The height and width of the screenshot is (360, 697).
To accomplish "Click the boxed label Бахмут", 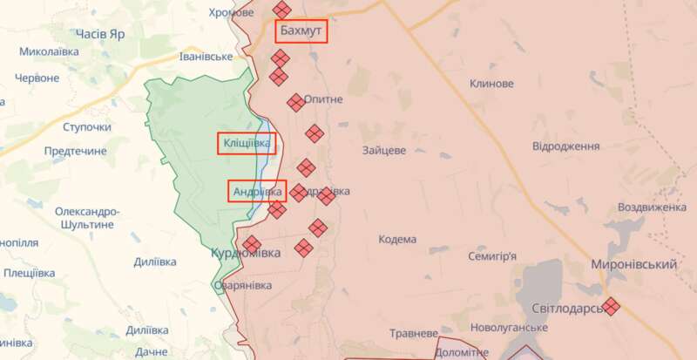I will point(301,32).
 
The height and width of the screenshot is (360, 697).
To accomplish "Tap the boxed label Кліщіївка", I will point(246,143).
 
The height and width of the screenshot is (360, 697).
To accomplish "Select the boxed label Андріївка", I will point(257,191).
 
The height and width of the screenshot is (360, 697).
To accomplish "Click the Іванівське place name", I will point(206,57).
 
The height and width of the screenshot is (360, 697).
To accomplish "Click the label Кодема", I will point(397,239).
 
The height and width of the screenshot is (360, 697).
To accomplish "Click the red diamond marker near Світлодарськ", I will point(612,306).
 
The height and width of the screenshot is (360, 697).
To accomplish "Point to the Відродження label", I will point(567,146).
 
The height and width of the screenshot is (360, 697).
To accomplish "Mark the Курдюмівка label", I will point(246,253).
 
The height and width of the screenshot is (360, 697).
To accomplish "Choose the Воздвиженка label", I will point(652,208).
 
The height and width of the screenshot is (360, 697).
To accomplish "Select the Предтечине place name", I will point(75,151).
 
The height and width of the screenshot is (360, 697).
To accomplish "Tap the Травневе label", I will point(413,333).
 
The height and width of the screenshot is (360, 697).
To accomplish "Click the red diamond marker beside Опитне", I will point(296,102).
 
